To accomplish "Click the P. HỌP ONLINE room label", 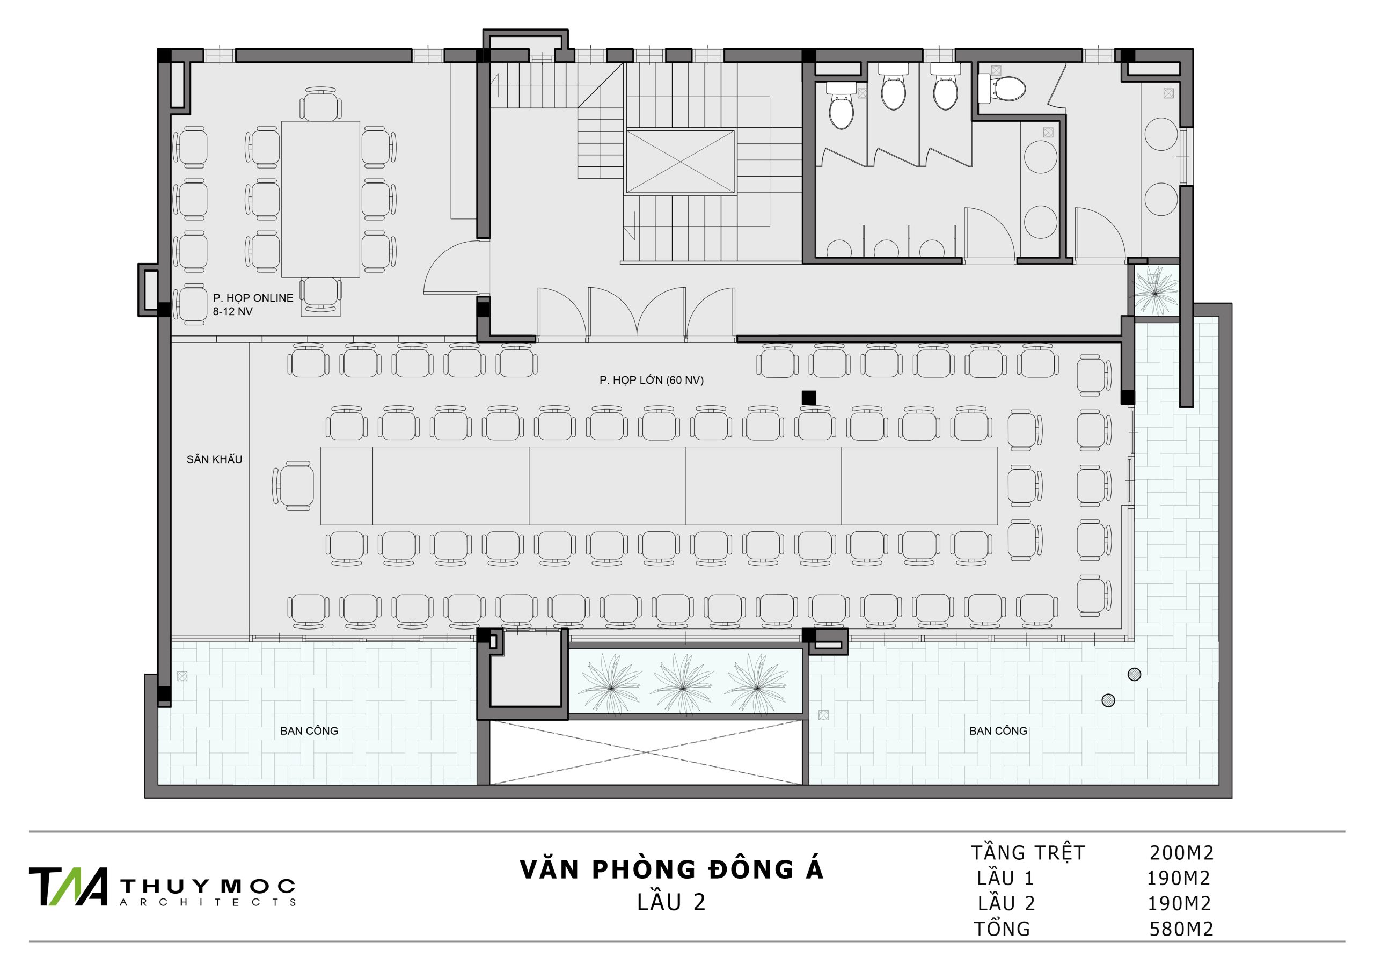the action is point(253,298).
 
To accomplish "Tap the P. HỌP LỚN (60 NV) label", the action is point(652,380).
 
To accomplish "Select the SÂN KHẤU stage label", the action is point(214,459).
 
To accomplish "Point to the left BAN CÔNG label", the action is point(309,731).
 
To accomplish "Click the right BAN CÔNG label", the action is point(998,731).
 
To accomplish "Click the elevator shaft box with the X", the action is point(681,162).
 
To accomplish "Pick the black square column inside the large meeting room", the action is point(808,397).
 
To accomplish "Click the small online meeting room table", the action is point(321,199).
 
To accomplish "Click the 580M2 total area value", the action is point(1181,929).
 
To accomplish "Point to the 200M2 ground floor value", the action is point(1181,852).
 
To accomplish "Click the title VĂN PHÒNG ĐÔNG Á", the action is point(671,869).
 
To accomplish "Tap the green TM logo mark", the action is point(69,887).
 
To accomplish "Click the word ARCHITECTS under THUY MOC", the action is point(208,902).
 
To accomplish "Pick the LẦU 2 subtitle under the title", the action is point(671,902).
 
